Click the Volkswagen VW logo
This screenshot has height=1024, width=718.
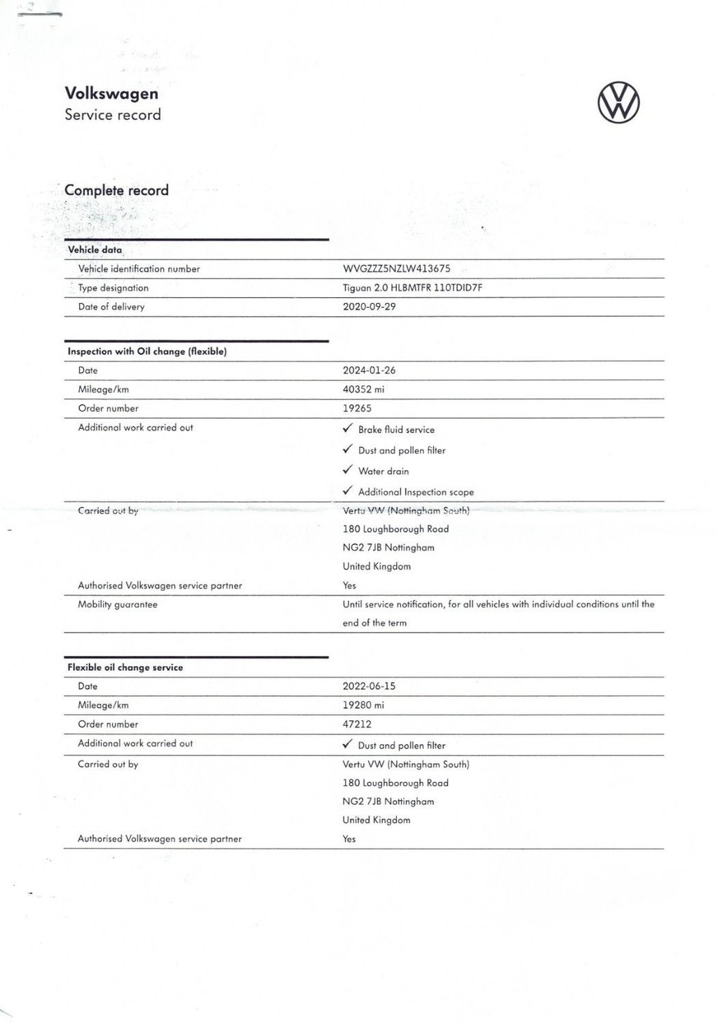(618, 103)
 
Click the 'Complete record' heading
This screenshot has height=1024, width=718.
(116, 190)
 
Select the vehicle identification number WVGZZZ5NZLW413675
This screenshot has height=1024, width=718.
(396, 269)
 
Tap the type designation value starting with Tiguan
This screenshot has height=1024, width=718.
(412, 288)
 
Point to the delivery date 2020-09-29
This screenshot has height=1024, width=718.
(369, 306)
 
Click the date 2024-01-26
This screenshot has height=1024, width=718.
(369, 370)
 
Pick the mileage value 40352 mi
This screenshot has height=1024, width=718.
(363, 389)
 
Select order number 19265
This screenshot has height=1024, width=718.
(357, 408)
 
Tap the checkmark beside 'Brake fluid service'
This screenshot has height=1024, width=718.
(347, 429)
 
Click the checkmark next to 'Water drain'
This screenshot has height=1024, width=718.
(347, 471)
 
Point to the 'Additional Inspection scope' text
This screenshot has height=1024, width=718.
(416, 492)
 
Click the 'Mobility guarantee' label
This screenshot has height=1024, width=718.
(118, 605)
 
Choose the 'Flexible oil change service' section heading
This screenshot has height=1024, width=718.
(125, 668)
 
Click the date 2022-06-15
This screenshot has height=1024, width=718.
(369, 686)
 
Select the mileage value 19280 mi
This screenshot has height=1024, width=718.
(363, 705)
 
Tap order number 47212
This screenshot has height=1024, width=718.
(357, 724)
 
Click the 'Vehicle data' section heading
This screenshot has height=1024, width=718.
(95, 250)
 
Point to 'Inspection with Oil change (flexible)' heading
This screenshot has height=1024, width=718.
(147, 351)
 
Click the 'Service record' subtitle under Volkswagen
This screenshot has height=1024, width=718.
(113, 115)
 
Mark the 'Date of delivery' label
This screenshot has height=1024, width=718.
(111, 306)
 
